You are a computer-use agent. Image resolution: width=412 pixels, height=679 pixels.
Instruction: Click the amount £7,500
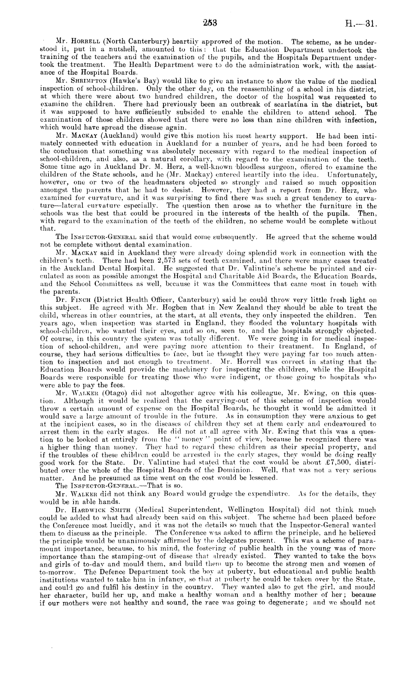[x=311, y=453]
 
